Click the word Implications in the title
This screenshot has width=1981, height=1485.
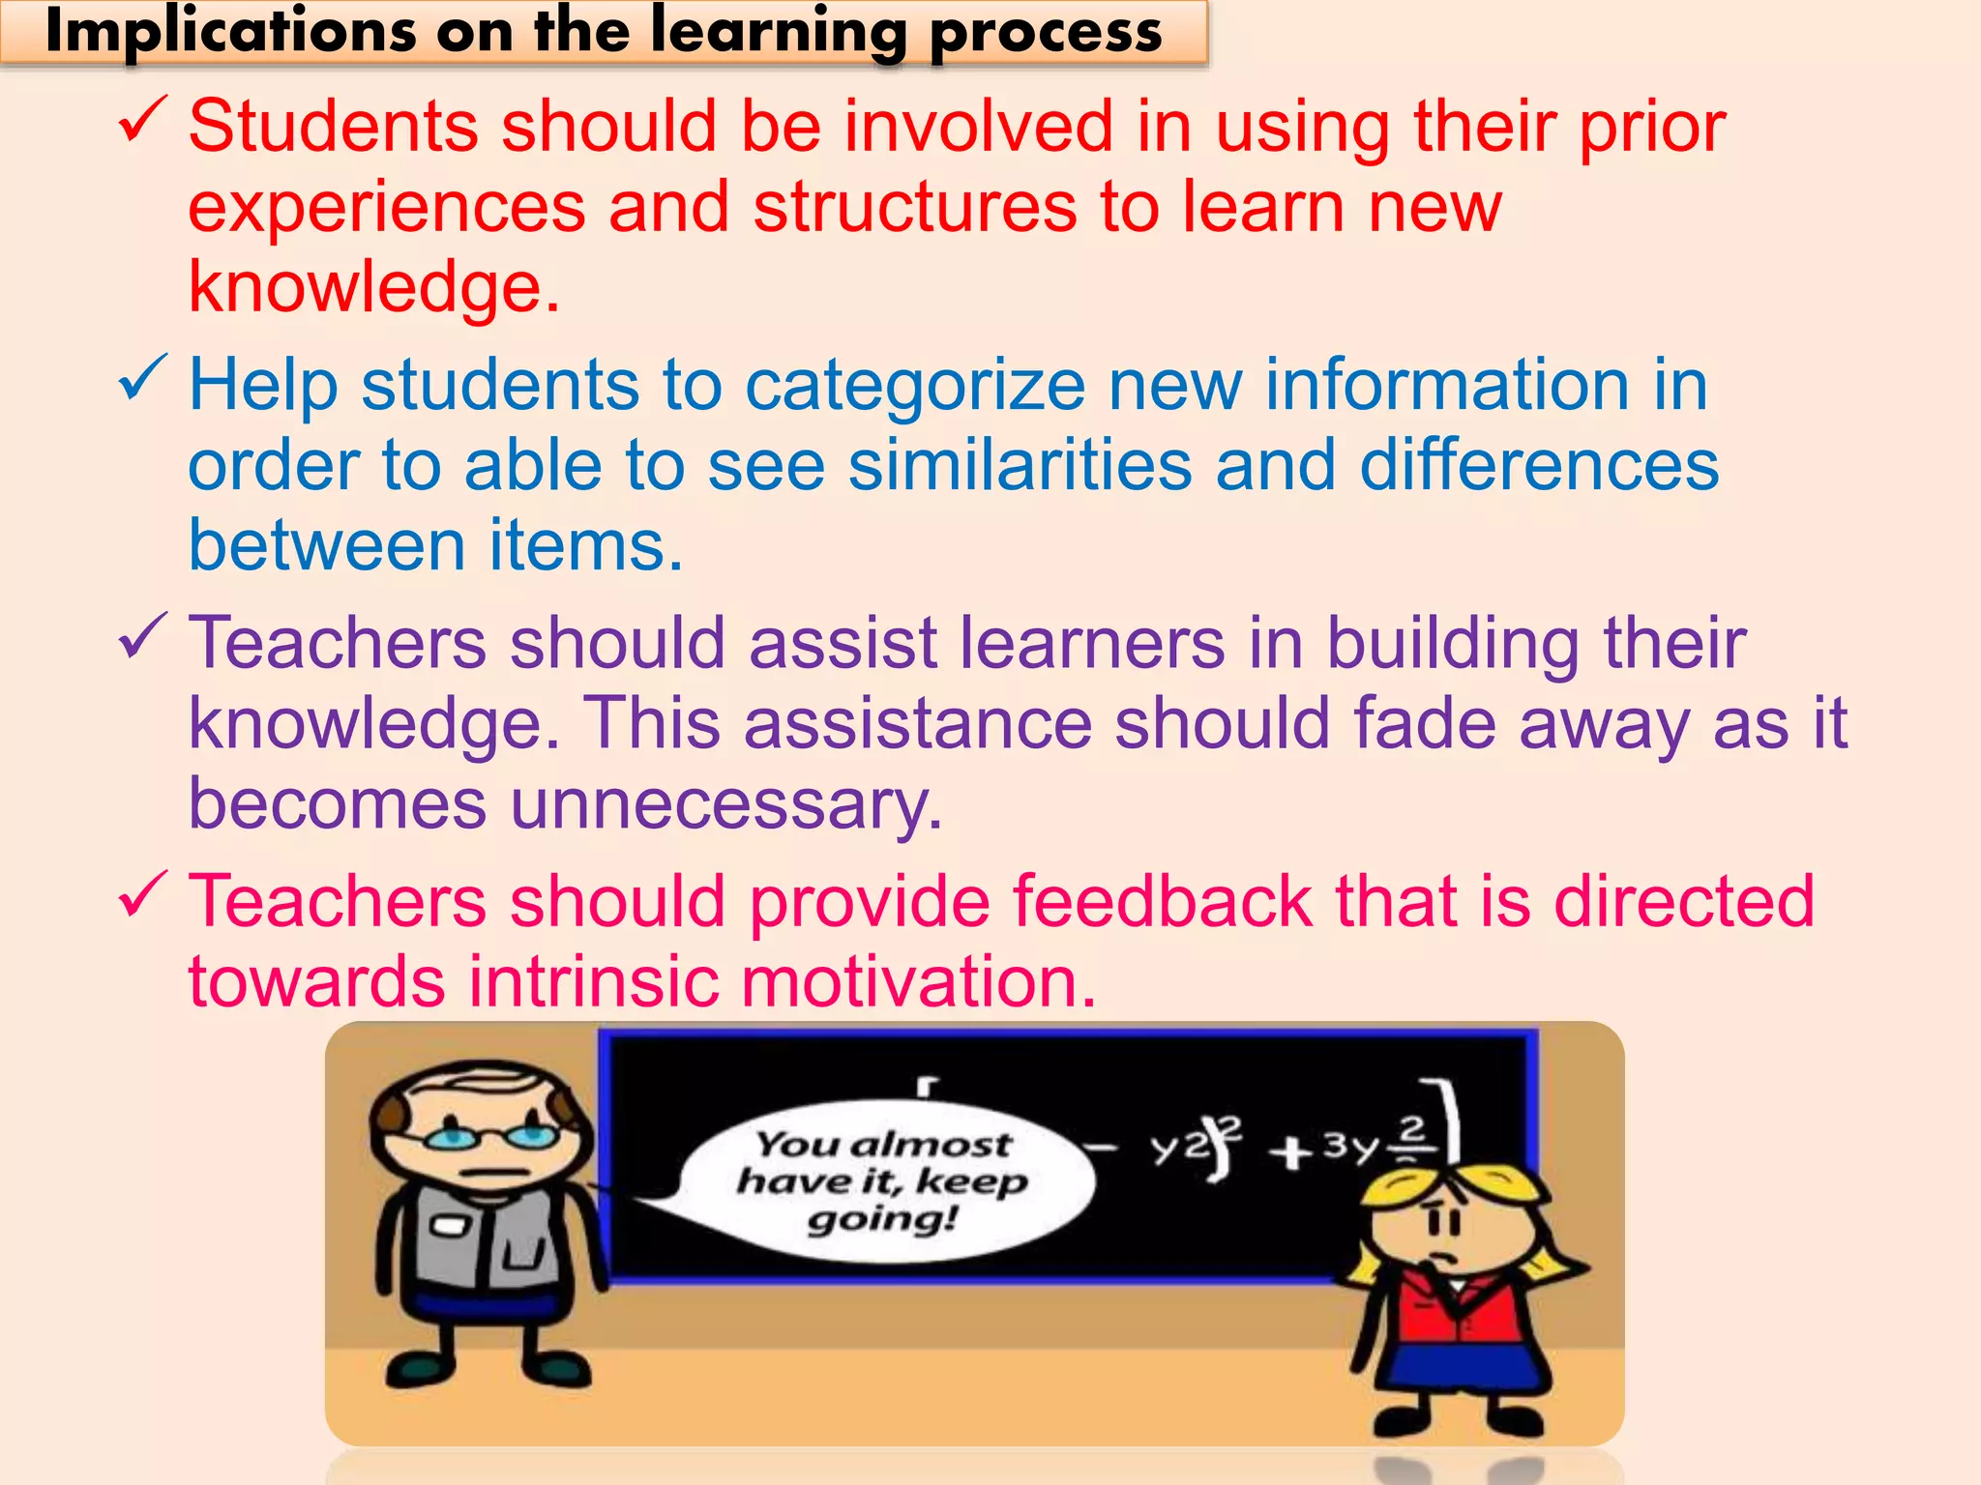229,32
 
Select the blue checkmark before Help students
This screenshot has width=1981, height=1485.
142,379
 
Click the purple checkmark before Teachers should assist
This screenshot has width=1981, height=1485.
142,637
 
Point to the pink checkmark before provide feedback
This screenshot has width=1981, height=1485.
142,895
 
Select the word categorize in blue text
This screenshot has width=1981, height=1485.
914,385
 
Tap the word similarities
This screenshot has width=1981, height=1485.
1020,466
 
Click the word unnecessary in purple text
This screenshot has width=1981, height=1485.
725,804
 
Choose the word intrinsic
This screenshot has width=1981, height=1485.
594,982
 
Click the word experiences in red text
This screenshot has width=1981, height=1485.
387,208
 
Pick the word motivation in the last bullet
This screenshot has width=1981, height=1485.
918,982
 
